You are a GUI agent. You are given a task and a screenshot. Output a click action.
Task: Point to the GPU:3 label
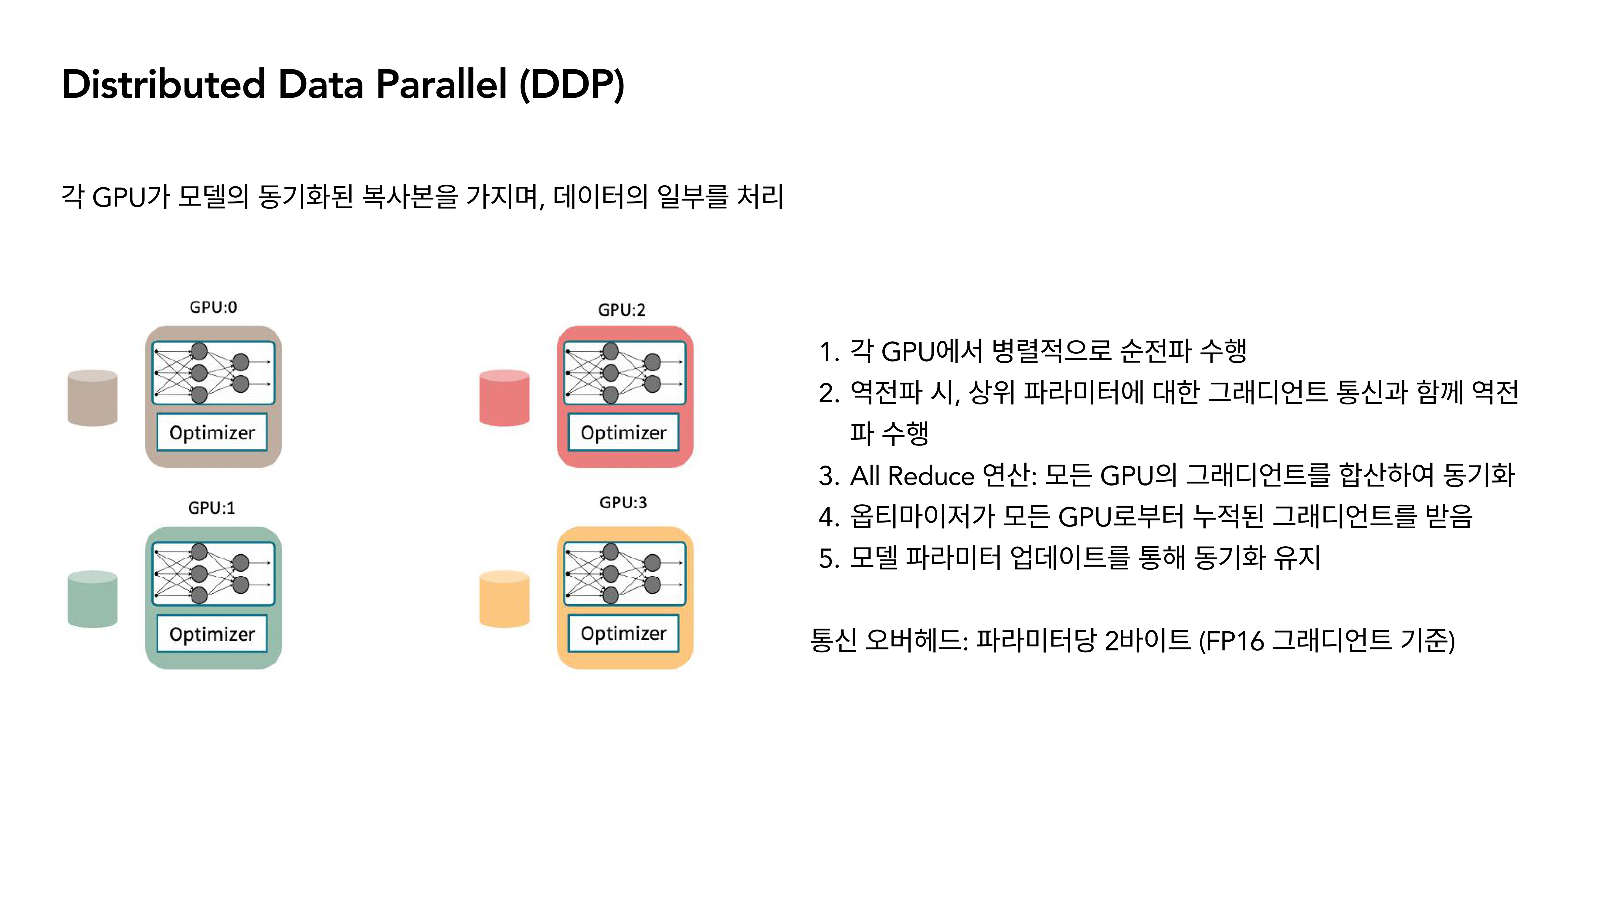point(623,502)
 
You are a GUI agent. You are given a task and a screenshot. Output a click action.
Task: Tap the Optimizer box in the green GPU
point(212,634)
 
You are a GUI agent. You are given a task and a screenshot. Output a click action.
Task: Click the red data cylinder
point(504,398)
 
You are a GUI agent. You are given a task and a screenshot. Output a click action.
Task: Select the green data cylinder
point(92,599)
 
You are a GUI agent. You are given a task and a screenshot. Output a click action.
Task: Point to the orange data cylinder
point(504,599)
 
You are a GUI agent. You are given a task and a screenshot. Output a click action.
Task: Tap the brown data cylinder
point(92,398)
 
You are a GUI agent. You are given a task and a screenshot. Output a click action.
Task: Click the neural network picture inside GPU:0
point(213,373)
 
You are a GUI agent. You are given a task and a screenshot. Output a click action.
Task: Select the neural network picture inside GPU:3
point(624,573)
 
